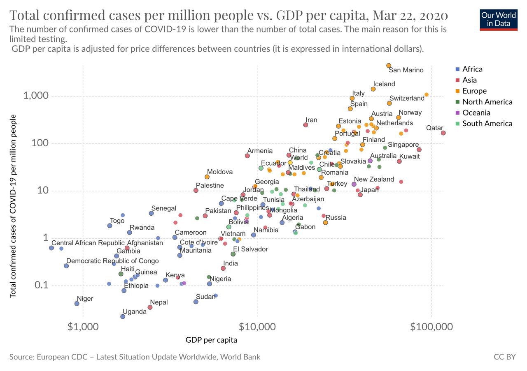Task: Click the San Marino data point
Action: pyautogui.click(x=389, y=65)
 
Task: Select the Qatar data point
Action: pyautogui.click(x=443, y=133)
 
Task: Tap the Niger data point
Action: pyautogui.click(x=77, y=304)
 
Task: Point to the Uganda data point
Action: pyautogui.click(x=123, y=316)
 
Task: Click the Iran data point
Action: pyautogui.click(x=305, y=125)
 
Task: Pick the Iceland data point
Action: pyautogui.click(x=373, y=89)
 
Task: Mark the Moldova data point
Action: pyautogui.click(x=207, y=177)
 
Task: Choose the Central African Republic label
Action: pyautogui.click(x=88, y=243)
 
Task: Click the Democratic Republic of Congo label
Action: pyautogui.click(x=112, y=261)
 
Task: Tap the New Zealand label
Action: pyautogui.click(x=374, y=180)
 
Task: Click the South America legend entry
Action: pyautogui.click(x=487, y=124)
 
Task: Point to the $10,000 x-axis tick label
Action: pyautogui.click(x=257, y=327)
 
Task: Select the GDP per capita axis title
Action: pyautogui.click(x=211, y=340)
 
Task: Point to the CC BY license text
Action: pyautogui.click(x=504, y=357)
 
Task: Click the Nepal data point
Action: pyautogui.click(x=150, y=307)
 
